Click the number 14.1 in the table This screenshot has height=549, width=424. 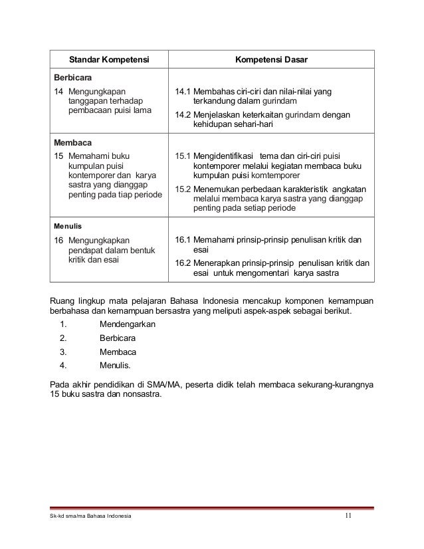pos(182,91)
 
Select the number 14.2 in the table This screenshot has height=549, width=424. pos(182,115)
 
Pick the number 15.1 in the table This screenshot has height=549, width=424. pos(182,156)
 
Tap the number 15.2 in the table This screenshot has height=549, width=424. pos(182,189)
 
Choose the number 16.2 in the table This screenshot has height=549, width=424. pos(182,263)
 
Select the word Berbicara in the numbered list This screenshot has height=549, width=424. pos(119,338)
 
